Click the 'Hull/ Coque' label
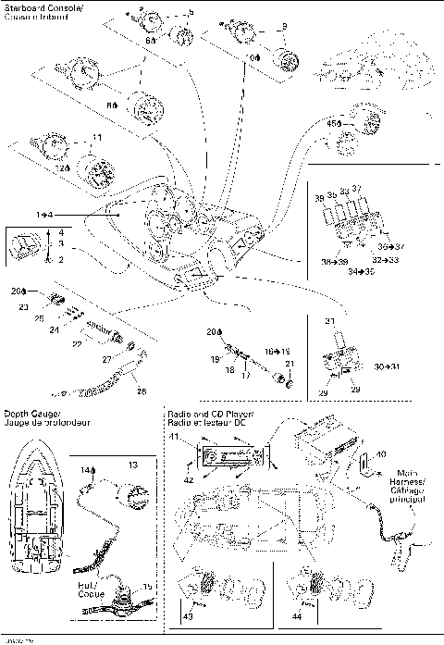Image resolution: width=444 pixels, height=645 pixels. coord(89,589)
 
